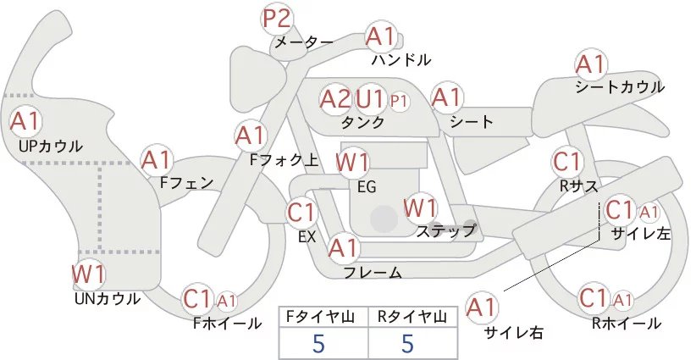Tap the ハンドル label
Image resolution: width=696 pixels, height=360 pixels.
click(400, 60)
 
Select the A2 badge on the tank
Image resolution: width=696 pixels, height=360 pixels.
click(335, 99)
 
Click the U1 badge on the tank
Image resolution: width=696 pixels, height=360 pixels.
click(371, 99)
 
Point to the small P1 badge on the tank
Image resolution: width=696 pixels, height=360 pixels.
click(399, 101)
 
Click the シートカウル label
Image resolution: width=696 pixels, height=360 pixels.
click(619, 87)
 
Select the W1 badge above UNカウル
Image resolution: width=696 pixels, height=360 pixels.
click(88, 273)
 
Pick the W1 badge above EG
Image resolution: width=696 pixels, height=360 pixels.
click(352, 163)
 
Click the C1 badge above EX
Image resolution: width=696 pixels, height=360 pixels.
click(301, 212)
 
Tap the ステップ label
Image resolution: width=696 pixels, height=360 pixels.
click(445, 230)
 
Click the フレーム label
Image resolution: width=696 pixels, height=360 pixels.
click(373, 272)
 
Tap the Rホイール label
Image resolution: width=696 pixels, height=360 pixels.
click(627, 323)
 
